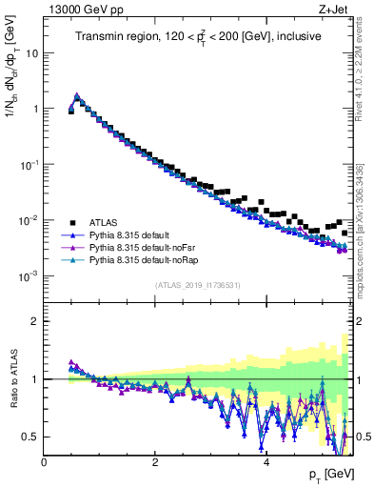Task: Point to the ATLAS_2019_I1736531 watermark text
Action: [198, 285]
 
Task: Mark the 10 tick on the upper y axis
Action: [32, 52]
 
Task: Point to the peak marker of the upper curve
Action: [77, 95]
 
